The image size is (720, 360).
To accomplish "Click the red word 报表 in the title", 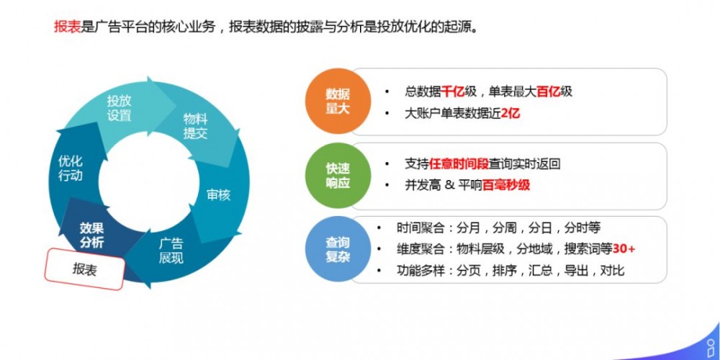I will [68, 27].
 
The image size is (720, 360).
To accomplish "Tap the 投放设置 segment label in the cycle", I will [120, 108].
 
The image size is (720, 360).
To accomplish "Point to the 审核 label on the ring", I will [218, 194].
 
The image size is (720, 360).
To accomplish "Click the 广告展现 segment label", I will [171, 250].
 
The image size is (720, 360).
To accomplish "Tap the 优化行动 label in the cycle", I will [71, 168].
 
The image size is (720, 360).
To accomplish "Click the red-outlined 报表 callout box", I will [85, 269].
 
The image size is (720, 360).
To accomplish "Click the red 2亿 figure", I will [509, 113].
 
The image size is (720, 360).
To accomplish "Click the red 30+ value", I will [624, 250].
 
